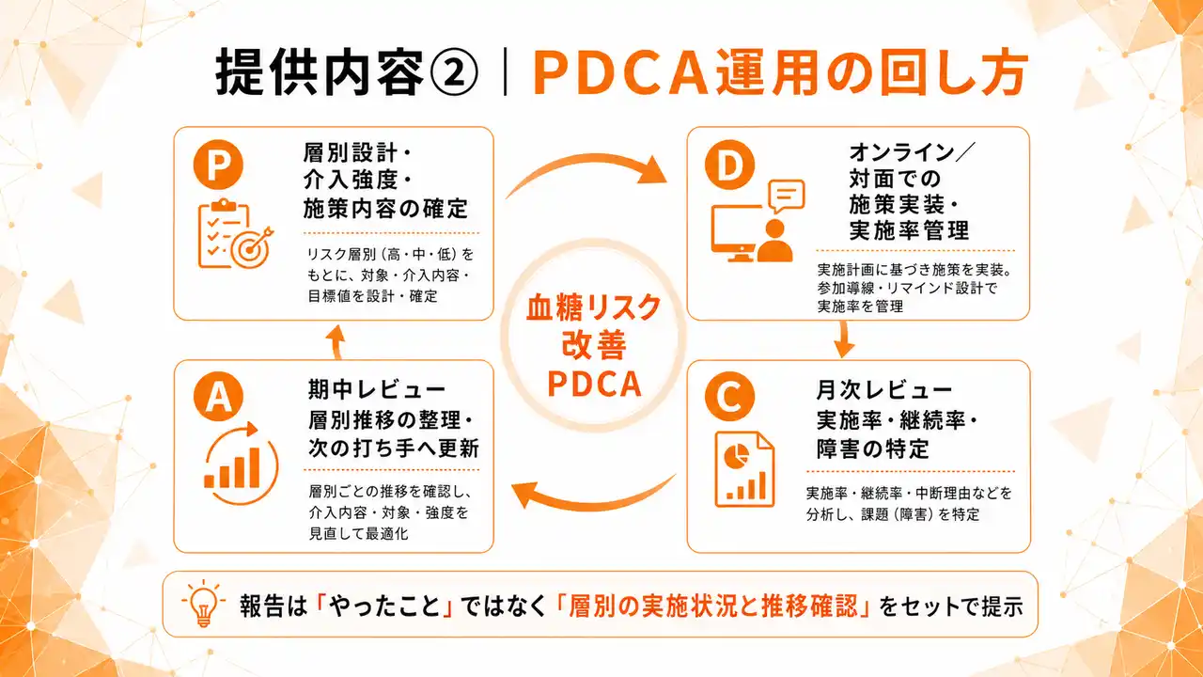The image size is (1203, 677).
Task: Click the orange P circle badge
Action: tap(218, 166)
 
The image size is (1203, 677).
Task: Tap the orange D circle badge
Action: tap(729, 166)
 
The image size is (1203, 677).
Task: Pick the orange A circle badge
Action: tap(218, 397)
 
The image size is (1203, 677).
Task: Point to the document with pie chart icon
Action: tap(744, 467)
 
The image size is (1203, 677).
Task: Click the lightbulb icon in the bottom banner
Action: tap(204, 604)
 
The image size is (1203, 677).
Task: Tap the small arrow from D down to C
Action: tap(843, 339)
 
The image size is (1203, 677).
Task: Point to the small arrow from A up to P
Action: tap(336, 340)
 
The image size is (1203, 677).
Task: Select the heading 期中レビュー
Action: tap(376, 389)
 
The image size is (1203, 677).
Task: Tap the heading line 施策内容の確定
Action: tap(385, 208)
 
